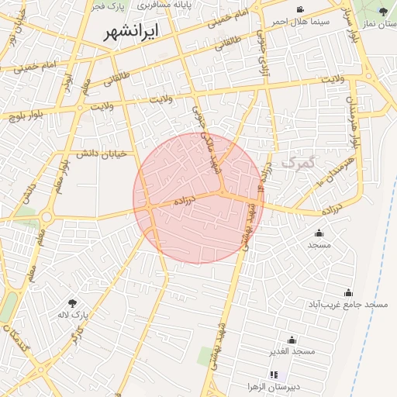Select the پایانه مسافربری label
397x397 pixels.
tap(165, 5)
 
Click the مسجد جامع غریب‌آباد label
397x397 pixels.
tap(347, 305)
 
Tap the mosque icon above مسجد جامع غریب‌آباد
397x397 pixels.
tap(347, 292)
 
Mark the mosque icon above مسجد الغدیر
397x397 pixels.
tap(292, 340)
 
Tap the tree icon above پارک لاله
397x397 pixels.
tap(73, 303)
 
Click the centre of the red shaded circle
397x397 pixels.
tap(198, 198)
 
